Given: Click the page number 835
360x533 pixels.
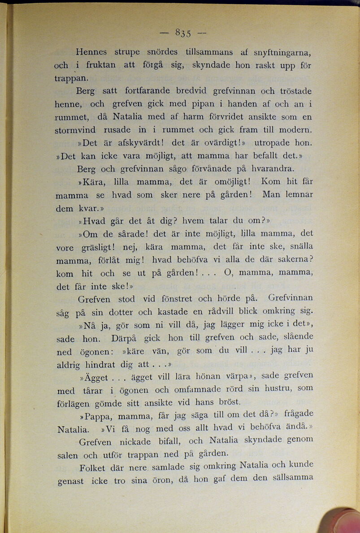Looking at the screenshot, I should point(183,32).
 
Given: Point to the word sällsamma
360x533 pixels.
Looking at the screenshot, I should point(293,478).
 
